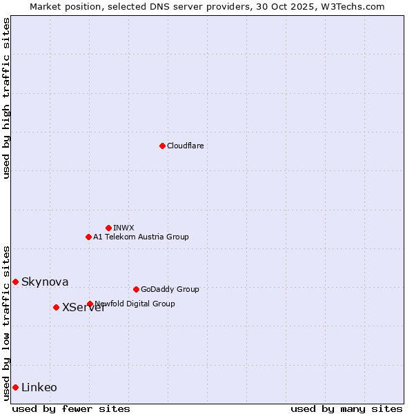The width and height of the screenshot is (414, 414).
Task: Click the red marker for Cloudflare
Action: click(162, 146)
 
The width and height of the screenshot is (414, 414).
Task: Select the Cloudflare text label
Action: click(185, 146)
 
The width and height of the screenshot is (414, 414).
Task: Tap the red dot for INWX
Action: click(108, 228)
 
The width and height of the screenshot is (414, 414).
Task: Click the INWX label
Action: click(124, 228)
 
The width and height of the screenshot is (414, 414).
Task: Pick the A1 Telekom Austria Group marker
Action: click(88, 237)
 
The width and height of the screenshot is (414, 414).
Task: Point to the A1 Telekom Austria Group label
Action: click(141, 237)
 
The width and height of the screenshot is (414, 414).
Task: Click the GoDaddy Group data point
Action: click(136, 289)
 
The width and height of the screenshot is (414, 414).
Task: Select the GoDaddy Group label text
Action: click(169, 290)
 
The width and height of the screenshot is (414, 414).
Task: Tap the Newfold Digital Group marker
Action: click(90, 304)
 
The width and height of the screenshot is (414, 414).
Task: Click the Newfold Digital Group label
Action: click(135, 304)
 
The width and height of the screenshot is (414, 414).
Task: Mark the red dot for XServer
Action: click(56, 307)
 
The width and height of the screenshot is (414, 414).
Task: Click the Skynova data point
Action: click(15, 282)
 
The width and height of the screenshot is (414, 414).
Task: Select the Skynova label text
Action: click(45, 282)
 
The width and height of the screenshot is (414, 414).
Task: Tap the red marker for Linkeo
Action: click(15, 387)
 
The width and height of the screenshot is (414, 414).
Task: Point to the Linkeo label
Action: click(39, 388)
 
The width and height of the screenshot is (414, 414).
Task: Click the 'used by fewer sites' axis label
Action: click(71, 408)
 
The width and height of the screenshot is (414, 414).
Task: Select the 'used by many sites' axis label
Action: click(346, 408)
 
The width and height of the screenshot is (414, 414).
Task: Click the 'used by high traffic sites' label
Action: click(6, 98)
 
